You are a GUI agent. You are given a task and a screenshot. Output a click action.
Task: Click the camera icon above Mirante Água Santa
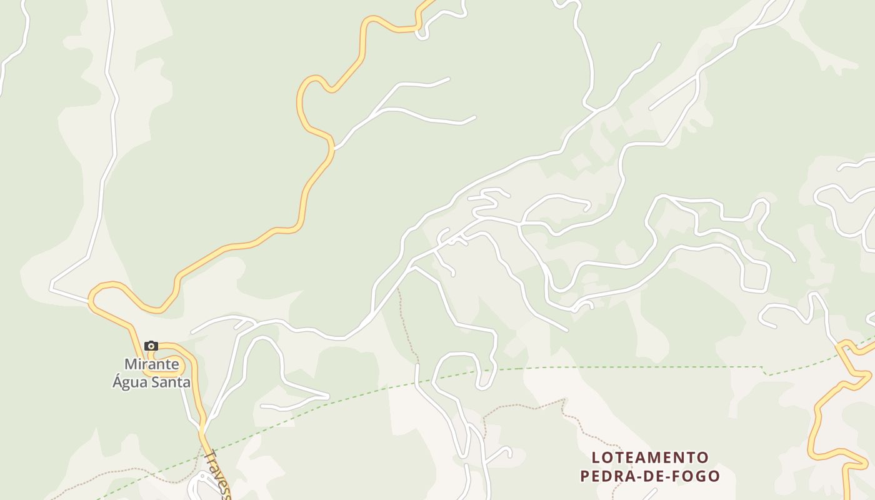pos(151,346)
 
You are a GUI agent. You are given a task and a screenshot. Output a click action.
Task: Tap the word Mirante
pos(152,364)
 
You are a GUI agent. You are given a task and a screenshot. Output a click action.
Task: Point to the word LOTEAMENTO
pos(650,457)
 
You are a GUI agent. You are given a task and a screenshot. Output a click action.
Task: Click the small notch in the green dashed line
pos(766,371)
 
